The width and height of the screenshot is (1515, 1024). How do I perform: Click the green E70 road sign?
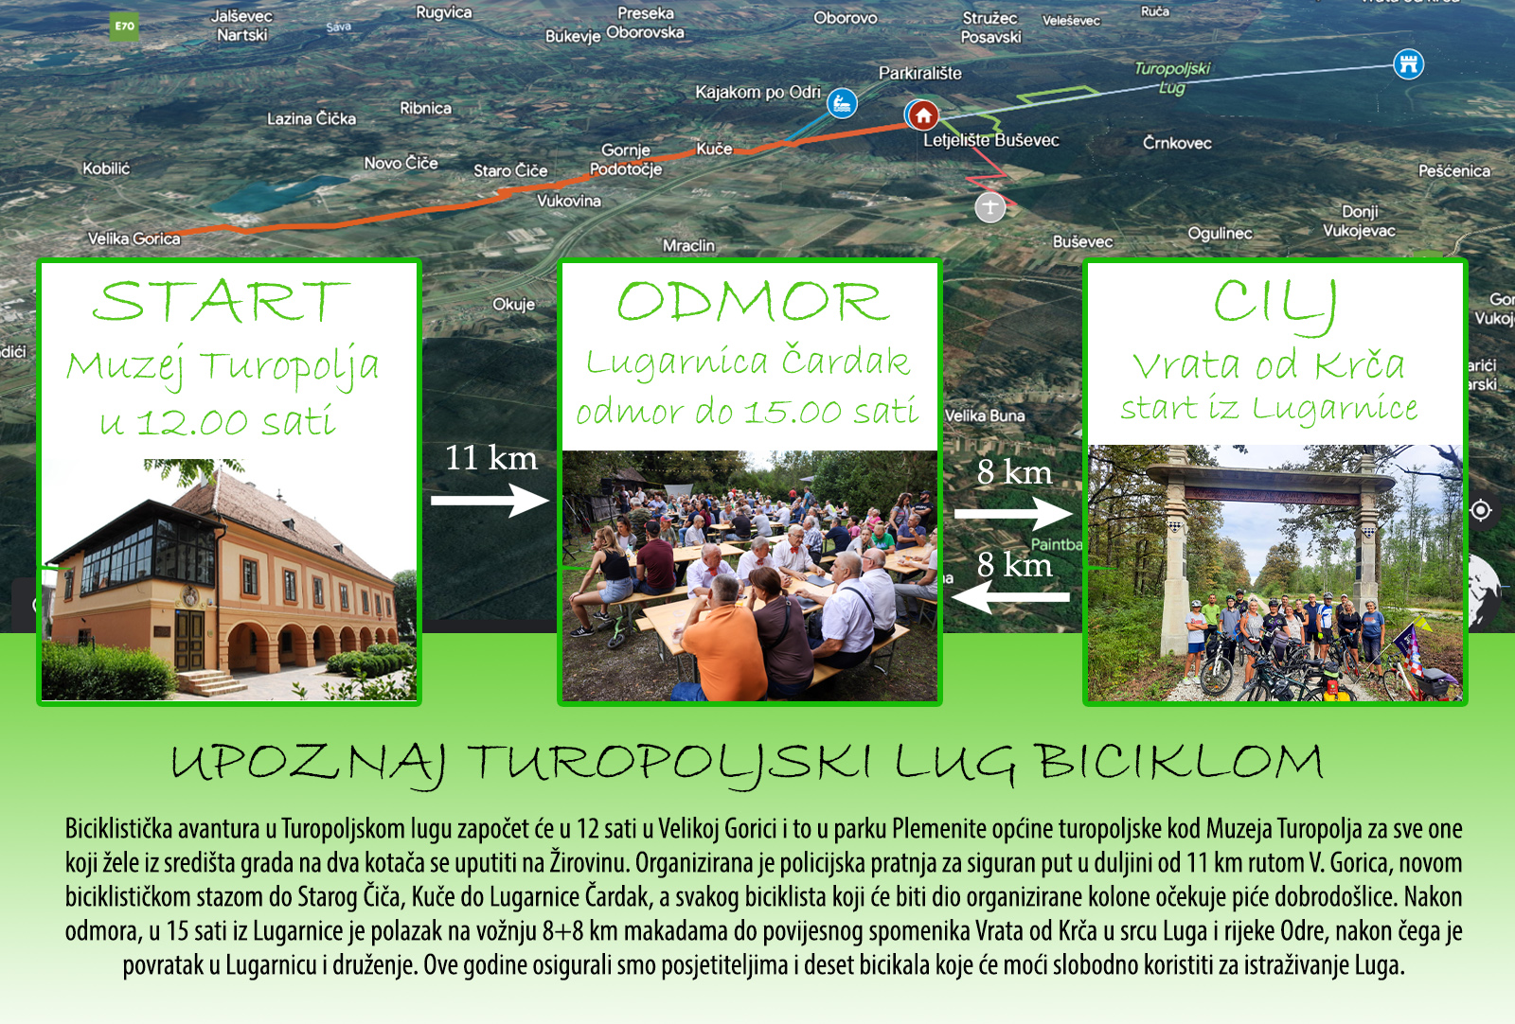(x=124, y=27)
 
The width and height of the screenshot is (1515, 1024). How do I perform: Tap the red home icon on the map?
(x=923, y=115)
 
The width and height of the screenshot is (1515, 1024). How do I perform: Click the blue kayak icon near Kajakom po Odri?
(x=842, y=103)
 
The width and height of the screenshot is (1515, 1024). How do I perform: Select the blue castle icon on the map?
(x=1408, y=65)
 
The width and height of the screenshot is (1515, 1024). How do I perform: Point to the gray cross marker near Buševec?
(x=990, y=207)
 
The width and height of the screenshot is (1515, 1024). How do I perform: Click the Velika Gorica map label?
(x=134, y=238)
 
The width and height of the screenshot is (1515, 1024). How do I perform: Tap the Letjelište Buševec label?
(x=990, y=141)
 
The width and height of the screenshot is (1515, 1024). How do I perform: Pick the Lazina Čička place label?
(x=312, y=119)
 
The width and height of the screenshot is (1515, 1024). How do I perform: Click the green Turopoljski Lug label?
(x=1172, y=78)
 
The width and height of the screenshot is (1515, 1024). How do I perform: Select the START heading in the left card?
(x=222, y=302)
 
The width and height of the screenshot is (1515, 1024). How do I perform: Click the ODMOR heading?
(x=753, y=302)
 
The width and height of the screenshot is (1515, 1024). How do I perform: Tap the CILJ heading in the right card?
(x=1274, y=304)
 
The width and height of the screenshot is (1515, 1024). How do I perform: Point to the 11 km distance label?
(x=491, y=458)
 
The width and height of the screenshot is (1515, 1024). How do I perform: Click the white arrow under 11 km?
(x=490, y=501)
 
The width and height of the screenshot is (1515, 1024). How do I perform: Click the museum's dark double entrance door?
(x=188, y=641)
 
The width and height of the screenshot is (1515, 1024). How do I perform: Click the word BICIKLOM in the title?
(x=1180, y=763)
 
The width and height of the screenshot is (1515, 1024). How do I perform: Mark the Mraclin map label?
(x=688, y=245)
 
